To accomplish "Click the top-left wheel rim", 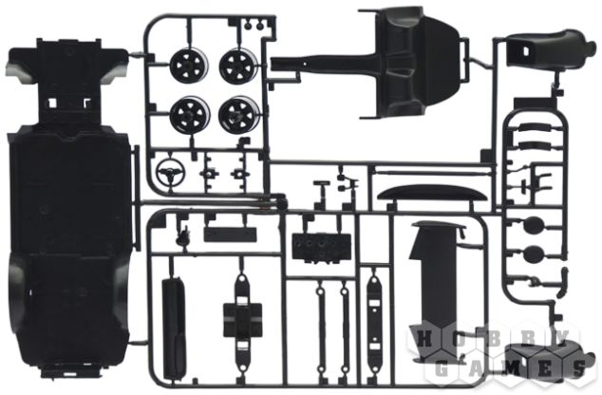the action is click(x=189, y=66).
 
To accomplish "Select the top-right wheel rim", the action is click(x=238, y=65).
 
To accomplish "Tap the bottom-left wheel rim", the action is click(x=190, y=114).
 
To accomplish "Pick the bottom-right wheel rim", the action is click(x=238, y=114).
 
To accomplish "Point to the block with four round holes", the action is click(x=321, y=247).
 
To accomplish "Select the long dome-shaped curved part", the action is click(x=432, y=194).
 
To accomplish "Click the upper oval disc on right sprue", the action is click(x=534, y=225).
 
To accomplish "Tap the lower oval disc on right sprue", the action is click(x=534, y=254).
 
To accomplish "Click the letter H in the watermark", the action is click(x=424, y=339).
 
